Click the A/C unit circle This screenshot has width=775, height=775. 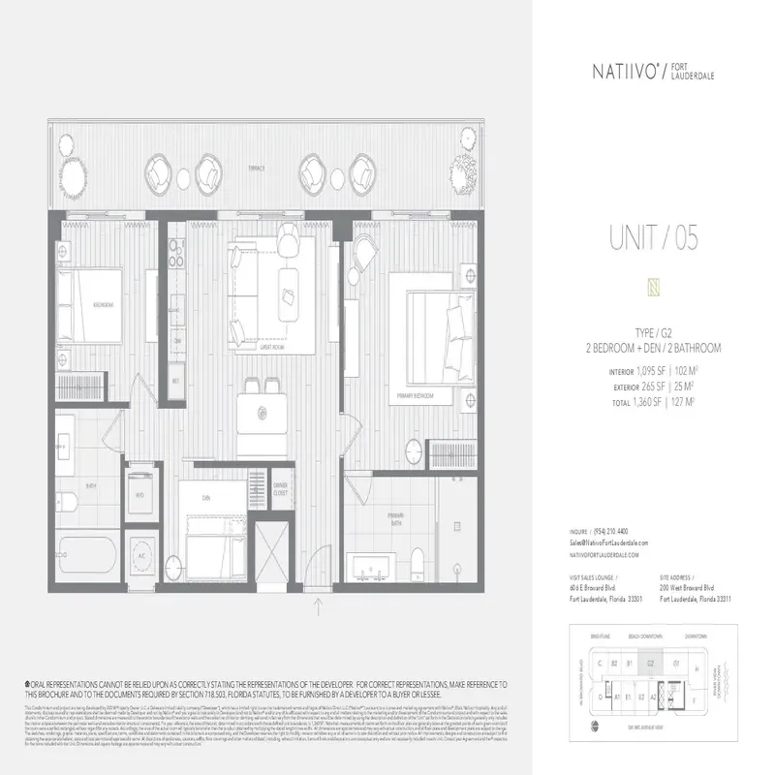[x=139, y=558]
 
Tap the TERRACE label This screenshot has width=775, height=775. [x=256, y=167]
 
